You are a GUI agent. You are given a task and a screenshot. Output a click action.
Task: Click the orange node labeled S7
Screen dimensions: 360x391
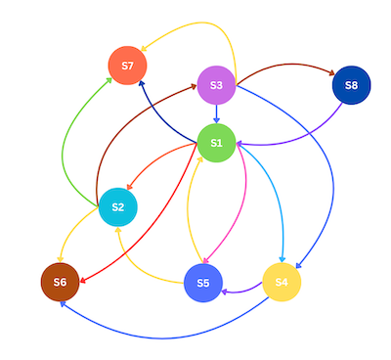pyautogui.click(x=127, y=66)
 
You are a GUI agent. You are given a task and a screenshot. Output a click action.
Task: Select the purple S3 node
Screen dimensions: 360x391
pyautogui.click(x=216, y=85)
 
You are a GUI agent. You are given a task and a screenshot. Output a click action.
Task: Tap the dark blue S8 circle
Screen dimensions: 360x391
pyautogui.click(x=351, y=85)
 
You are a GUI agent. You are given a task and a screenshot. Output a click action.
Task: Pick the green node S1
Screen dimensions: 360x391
pyautogui.click(x=216, y=144)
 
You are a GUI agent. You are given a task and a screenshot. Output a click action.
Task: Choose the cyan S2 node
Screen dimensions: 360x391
pyautogui.click(x=117, y=206)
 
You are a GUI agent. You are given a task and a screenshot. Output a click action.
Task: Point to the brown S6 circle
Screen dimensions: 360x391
pyautogui.click(x=60, y=282)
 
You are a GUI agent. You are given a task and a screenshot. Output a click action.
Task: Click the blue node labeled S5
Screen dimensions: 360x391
pyautogui.click(x=203, y=283)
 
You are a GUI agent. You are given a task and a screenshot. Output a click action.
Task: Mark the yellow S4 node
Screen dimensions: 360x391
pyautogui.click(x=282, y=282)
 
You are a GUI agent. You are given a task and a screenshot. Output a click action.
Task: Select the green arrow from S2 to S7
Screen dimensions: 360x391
pyautogui.click(x=65, y=147)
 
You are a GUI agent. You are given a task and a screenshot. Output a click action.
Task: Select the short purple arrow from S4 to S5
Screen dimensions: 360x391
pyautogui.click(x=242, y=290)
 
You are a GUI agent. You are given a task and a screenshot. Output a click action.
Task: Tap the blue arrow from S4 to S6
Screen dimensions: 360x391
pyautogui.click(x=166, y=336)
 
